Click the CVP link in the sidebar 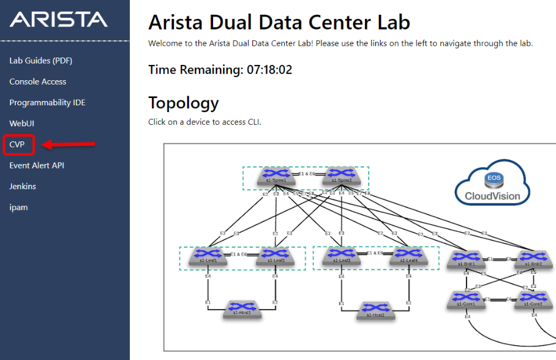(17, 144)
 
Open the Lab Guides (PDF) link (41, 61)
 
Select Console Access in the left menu (38, 81)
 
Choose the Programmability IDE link (47, 102)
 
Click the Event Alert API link (37, 165)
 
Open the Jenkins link (23, 186)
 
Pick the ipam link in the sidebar (18, 207)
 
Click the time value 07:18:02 (269, 70)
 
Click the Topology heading (183, 102)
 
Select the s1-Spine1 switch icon (277, 176)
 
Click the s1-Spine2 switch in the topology (342, 176)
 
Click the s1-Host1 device (243, 309)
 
